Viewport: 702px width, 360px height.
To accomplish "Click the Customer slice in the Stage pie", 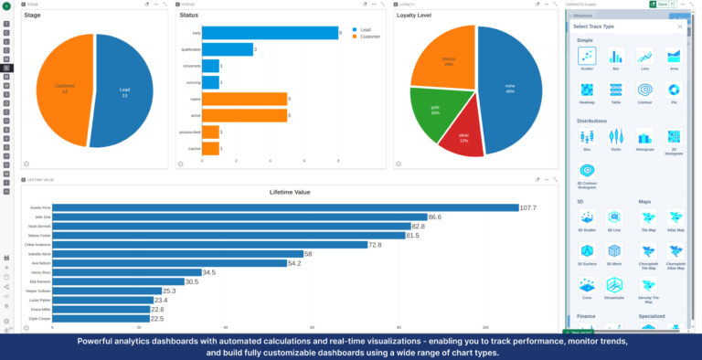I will pyautogui.click(x=64, y=89).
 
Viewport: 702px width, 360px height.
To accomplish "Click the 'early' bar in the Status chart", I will pyautogui.click(x=270, y=33).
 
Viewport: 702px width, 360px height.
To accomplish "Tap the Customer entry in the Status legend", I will pyautogui.click(x=367, y=37).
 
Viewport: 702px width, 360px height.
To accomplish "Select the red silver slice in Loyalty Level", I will pyautogui.click(x=464, y=135).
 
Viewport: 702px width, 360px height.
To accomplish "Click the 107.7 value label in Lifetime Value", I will pyautogui.click(x=528, y=207).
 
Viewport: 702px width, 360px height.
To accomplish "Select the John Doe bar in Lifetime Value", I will pyautogui.click(x=238, y=217).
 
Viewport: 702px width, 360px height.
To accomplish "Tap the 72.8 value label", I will pyautogui.click(x=375, y=245).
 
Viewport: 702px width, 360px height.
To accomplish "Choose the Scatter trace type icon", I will pyautogui.click(x=587, y=57).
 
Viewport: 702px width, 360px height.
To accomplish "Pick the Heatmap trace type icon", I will pyautogui.click(x=587, y=90).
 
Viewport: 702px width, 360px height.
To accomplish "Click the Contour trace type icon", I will pyautogui.click(x=645, y=90).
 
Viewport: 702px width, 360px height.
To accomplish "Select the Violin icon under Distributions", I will pyautogui.click(x=616, y=136).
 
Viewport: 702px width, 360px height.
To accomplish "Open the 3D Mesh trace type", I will pyautogui.click(x=616, y=251).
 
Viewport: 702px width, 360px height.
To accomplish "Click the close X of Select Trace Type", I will pyautogui.click(x=679, y=26).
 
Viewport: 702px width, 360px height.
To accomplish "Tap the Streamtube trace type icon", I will pyautogui.click(x=616, y=285).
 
